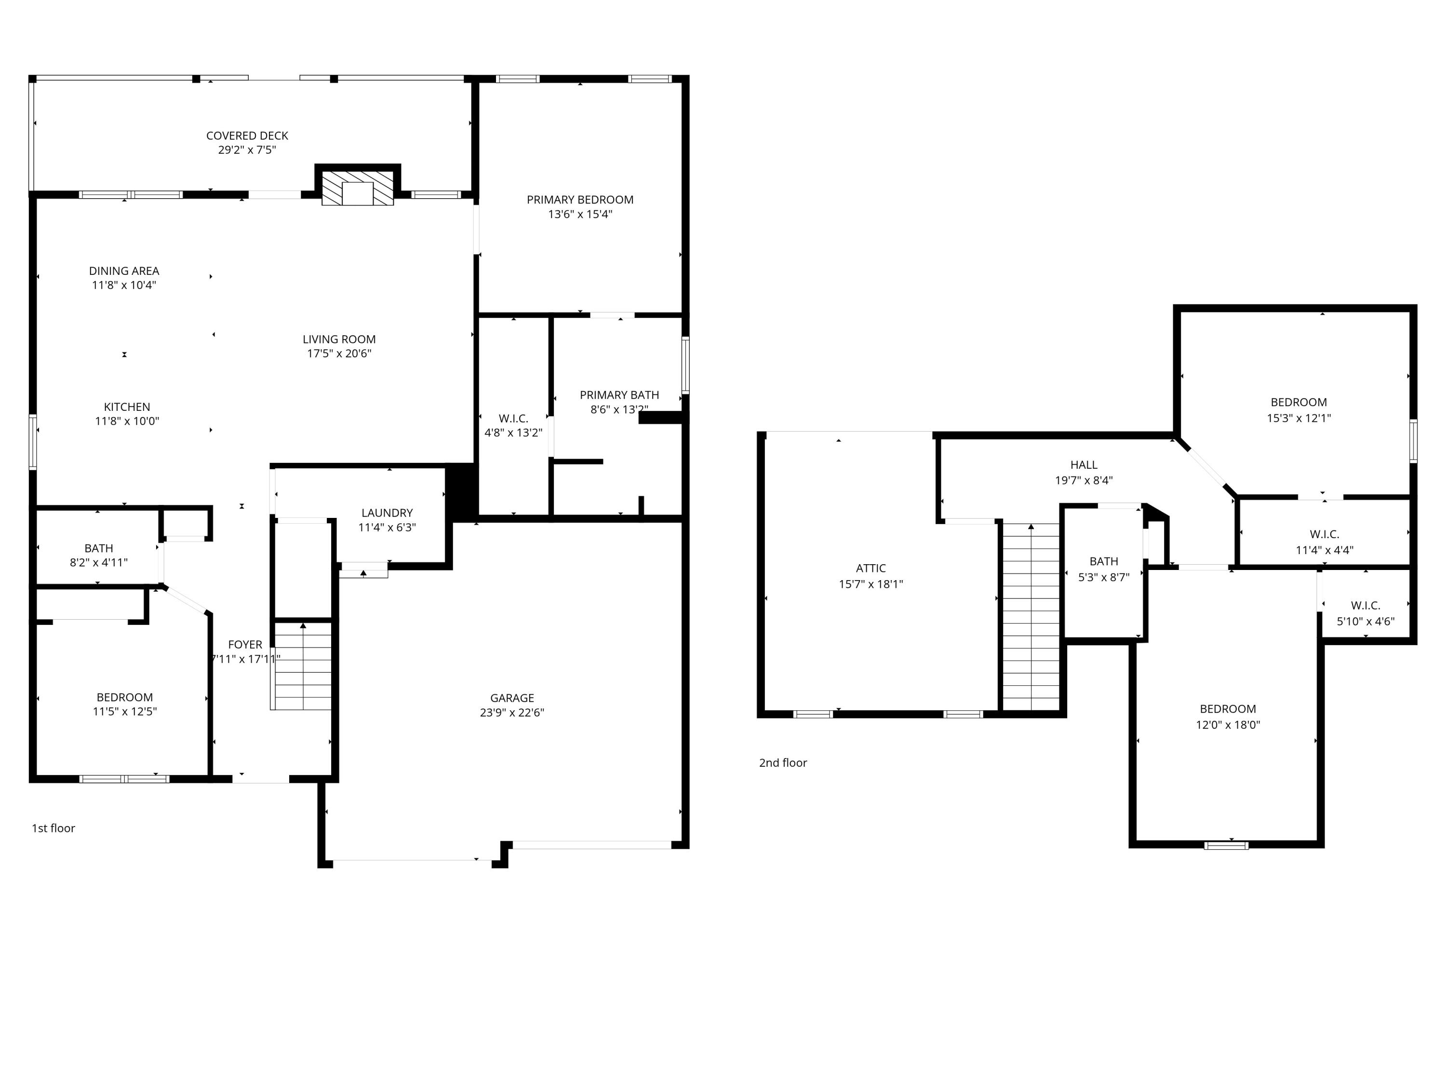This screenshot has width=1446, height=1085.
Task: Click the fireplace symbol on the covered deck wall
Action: point(358,190)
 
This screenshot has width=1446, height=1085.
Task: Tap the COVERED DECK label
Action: point(247,136)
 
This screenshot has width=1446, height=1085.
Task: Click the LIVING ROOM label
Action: point(339,339)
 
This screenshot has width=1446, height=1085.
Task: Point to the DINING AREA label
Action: point(124,271)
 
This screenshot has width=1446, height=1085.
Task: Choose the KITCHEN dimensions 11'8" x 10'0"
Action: point(127,421)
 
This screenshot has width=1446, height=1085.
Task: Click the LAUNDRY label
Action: point(387,513)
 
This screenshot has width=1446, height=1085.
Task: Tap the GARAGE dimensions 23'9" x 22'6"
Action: point(512,713)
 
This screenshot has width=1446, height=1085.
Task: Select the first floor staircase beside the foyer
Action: point(302,667)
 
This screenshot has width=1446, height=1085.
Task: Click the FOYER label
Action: point(245,645)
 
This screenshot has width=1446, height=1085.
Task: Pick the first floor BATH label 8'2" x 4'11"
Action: point(99,549)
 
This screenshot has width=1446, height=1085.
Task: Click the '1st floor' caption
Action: point(54,828)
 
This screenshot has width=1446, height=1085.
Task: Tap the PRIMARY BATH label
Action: point(619,395)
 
